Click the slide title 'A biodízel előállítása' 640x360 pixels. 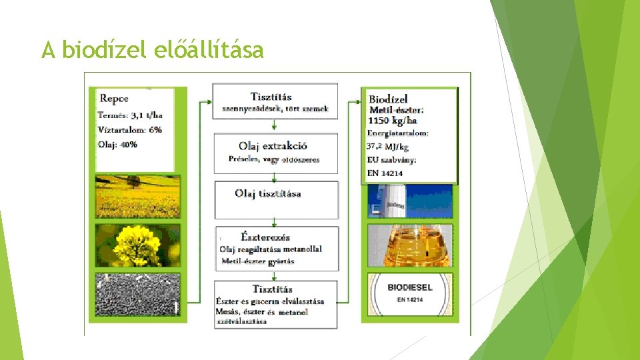152,49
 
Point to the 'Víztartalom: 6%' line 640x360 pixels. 130,129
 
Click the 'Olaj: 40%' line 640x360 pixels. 118,144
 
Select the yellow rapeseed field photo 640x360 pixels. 137,196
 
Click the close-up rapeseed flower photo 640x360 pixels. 137,245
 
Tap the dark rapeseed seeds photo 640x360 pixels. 137,294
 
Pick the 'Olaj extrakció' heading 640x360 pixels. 273,146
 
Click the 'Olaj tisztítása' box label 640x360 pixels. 267,194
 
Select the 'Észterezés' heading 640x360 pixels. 265,237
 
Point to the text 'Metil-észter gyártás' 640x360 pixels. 258,261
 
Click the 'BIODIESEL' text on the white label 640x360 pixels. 410,287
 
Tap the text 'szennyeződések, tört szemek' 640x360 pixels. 275,109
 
